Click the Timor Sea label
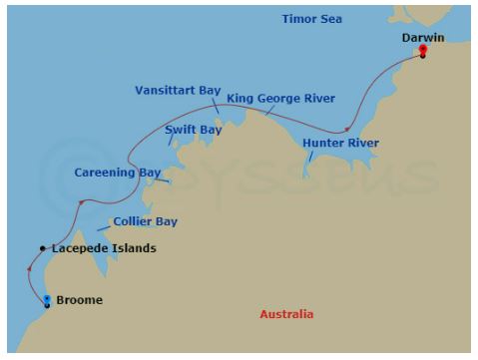tap(312, 19)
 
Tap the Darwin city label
tap(422, 37)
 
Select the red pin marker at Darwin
tap(423, 49)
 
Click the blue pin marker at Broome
tap(47, 297)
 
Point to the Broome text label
tap(79, 299)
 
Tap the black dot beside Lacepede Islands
tap(42, 248)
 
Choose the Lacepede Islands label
tap(104, 248)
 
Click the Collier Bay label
tap(145, 221)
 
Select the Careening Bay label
tap(117, 173)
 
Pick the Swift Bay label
tap(193, 130)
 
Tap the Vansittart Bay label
tap(178, 90)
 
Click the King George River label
tap(280, 99)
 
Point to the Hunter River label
tap(340, 144)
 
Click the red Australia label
tap(286, 314)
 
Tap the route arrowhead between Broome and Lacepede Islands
tap(29, 269)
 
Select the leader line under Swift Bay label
tap(172, 141)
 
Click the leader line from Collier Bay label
tap(103, 230)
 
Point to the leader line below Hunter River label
tap(309, 158)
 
